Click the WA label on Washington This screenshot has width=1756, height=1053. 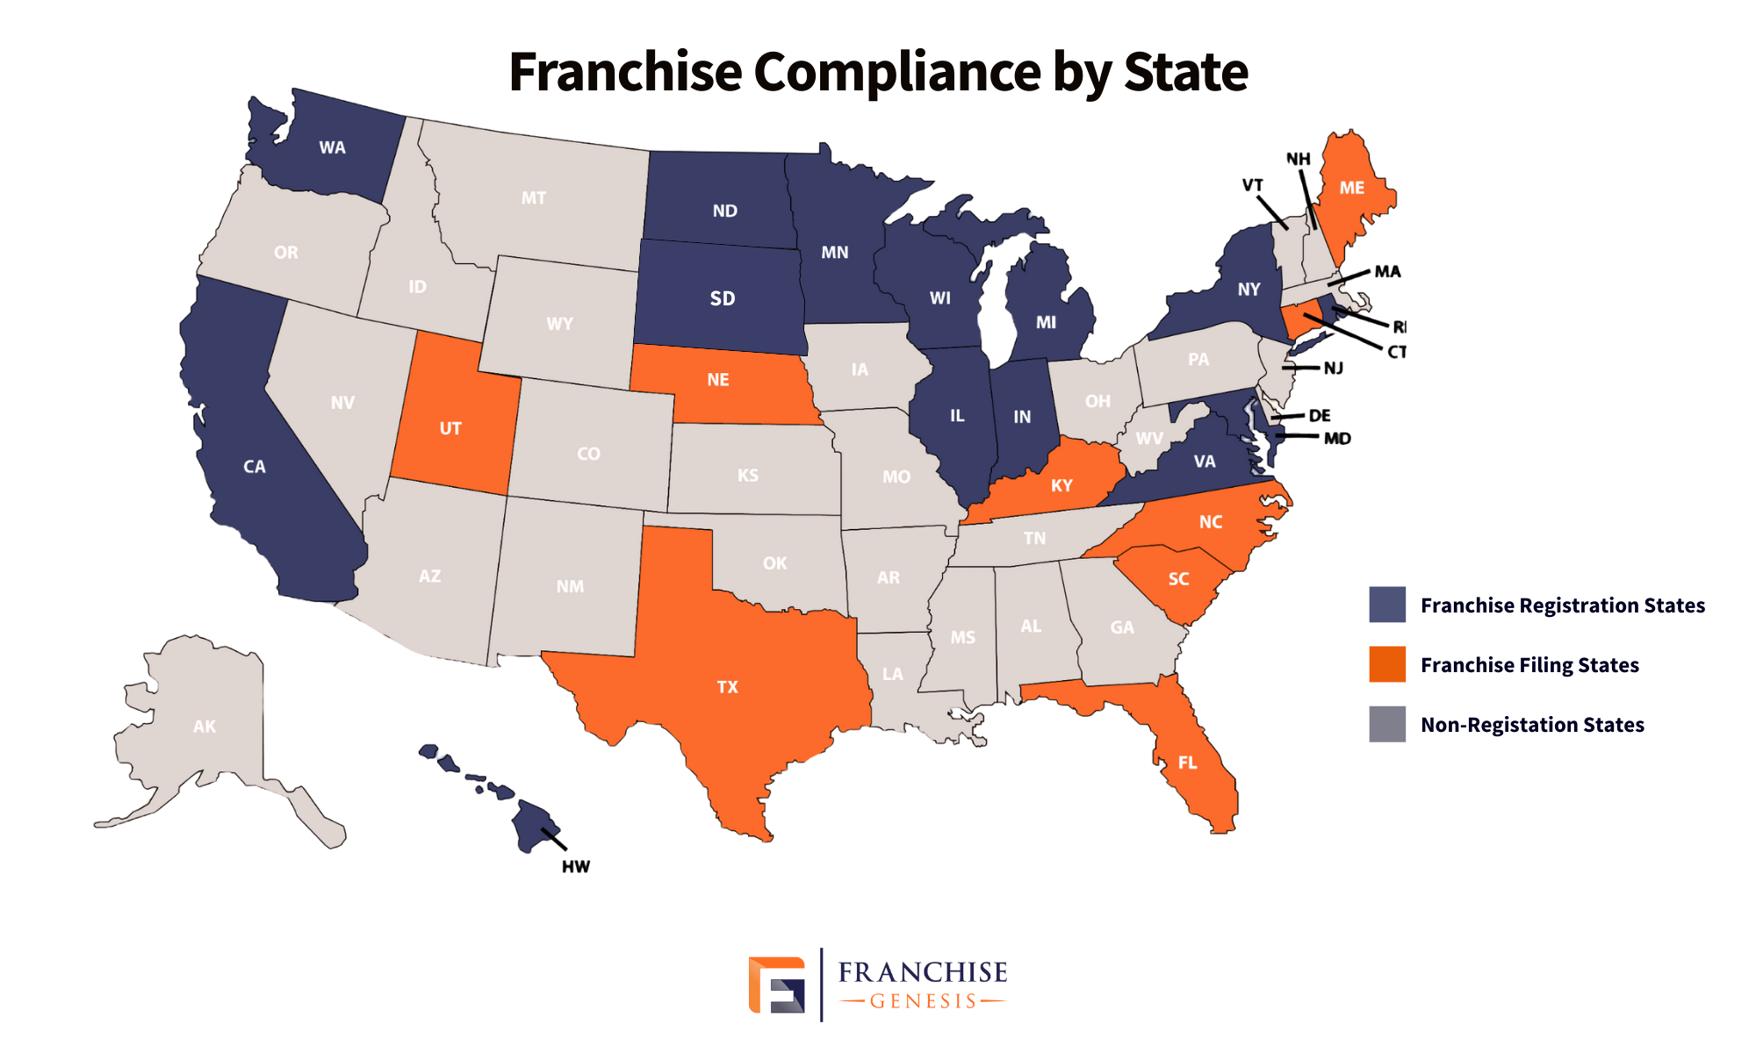coord(332,147)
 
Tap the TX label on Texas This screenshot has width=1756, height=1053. coord(727,687)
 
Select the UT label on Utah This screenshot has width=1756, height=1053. coord(450,428)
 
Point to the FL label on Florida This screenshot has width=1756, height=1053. coord(1187,763)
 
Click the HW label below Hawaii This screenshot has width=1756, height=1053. coord(576,867)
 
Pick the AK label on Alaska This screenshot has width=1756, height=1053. coord(204,727)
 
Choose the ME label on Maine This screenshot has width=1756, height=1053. coord(1351,188)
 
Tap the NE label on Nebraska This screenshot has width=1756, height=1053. coord(717,380)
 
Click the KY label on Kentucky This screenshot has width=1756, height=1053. coord(1062,485)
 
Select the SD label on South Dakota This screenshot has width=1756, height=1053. coord(722,299)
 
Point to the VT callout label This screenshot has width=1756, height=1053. coord(1252,185)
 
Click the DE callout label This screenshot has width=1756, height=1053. coord(1319,415)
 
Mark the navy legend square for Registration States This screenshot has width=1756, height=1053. coord(1386,605)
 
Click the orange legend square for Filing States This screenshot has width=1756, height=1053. coord(1386,664)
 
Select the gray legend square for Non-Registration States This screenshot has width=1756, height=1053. coord(1386,724)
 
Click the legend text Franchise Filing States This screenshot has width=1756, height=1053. coord(1529,665)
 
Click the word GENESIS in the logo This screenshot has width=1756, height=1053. coord(923,1001)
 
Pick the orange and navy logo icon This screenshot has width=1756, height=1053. coord(776,985)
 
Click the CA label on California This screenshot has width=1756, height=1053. coord(254,467)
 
